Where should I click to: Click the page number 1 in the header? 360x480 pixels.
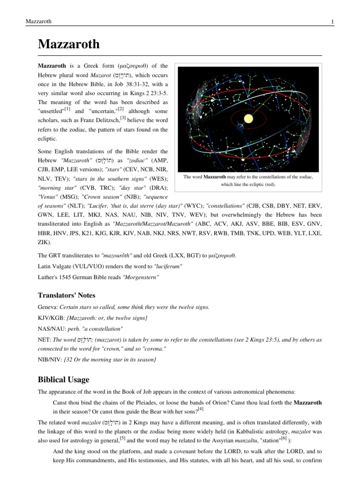point(332,21)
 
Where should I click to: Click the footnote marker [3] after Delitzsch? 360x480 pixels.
point(123,119)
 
